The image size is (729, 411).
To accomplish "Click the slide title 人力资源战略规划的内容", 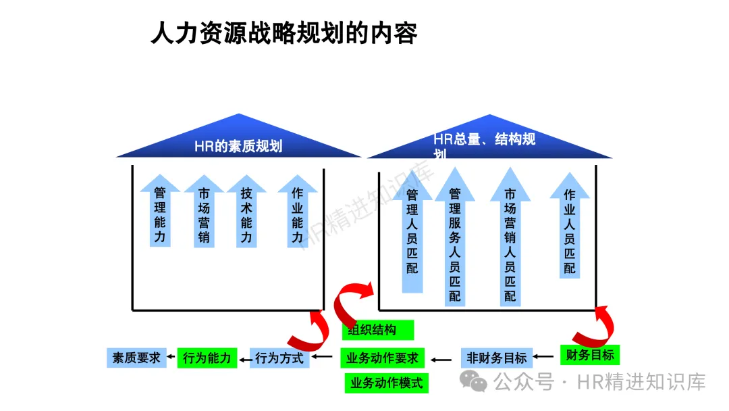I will click(x=283, y=32).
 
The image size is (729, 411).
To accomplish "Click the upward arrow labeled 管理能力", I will click(x=160, y=213).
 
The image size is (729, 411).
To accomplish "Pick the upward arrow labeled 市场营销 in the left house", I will click(x=204, y=214).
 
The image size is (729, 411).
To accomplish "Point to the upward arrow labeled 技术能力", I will click(x=247, y=214).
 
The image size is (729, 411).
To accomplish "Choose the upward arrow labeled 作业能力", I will click(x=298, y=214).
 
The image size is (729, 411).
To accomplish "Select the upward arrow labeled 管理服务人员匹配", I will click(x=455, y=240).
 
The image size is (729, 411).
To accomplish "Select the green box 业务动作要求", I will click(x=382, y=358).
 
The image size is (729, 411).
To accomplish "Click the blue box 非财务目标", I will click(x=496, y=358).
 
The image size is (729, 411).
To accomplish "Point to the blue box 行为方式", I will click(x=279, y=358).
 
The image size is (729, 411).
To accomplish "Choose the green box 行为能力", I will click(x=208, y=358).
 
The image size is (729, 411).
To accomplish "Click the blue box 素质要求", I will click(x=136, y=358).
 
